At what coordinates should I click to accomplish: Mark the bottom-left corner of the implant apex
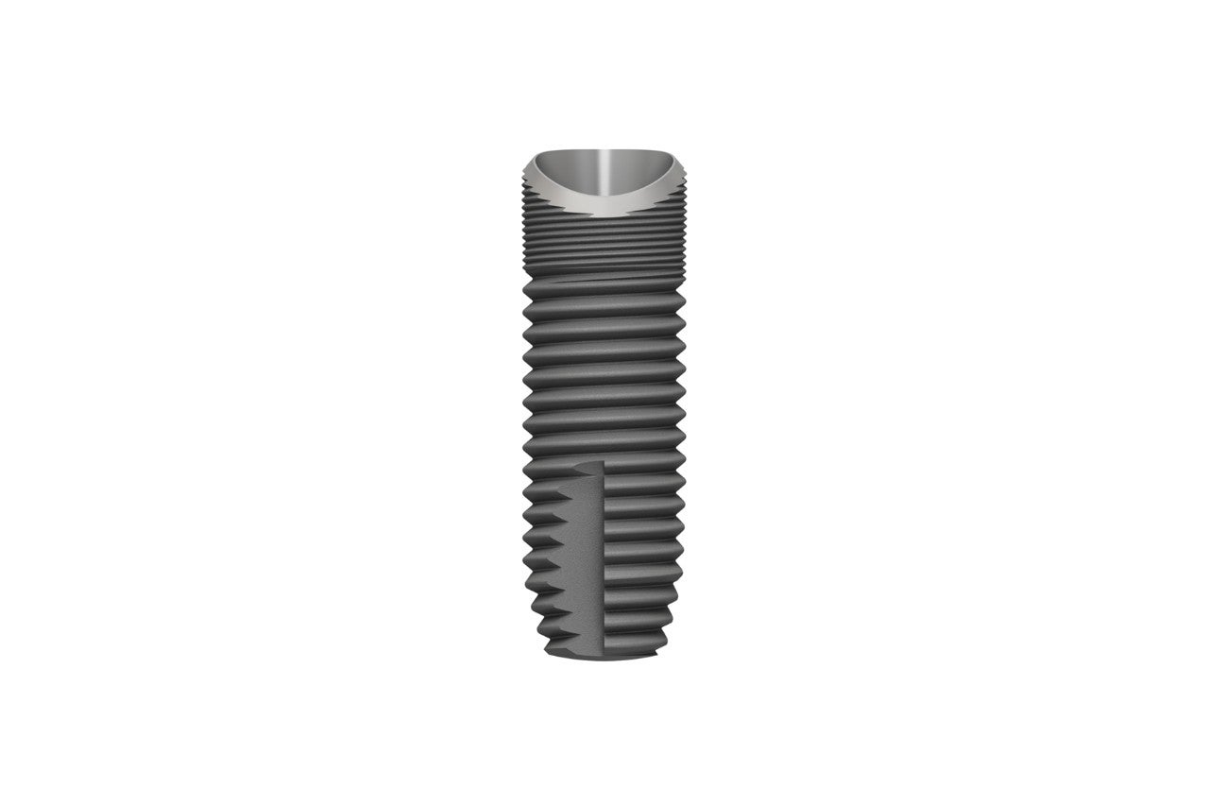[x=548, y=652]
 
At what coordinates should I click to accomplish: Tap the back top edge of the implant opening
[x=604, y=150]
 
